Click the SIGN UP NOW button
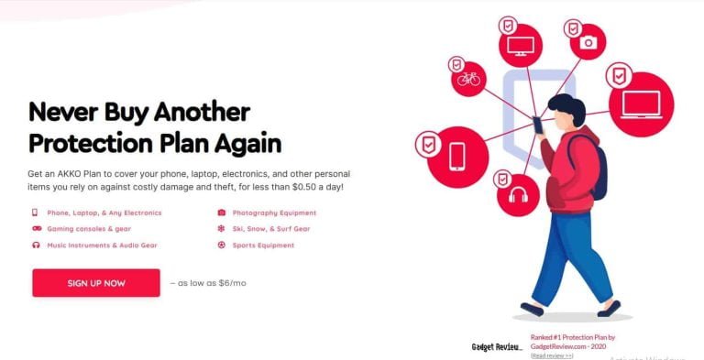click(x=96, y=283)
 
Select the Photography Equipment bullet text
click(x=267, y=213)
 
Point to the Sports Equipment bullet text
click(x=263, y=245)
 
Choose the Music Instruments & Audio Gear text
click(x=100, y=245)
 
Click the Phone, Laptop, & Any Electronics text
click(x=102, y=213)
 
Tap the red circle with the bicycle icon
click(x=469, y=79)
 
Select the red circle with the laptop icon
click(x=641, y=104)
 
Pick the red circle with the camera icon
click(x=588, y=42)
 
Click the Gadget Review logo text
click(x=496, y=347)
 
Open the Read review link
click(x=552, y=355)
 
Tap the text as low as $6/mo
click(x=208, y=283)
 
